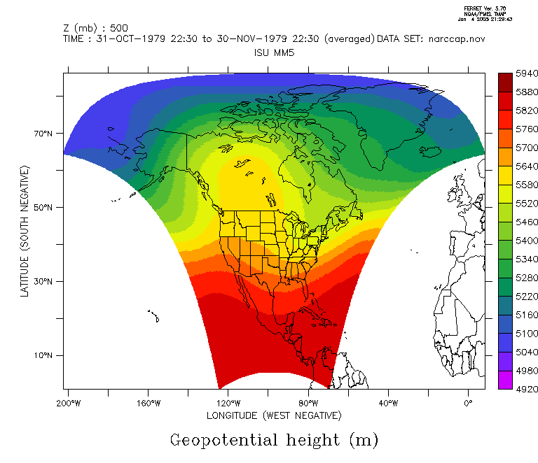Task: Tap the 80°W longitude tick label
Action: tap(308, 404)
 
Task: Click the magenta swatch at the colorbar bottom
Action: tap(504, 380)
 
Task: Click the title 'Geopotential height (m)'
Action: tap(274, 440)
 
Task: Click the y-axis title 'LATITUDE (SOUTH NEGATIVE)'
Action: tap(25, 231)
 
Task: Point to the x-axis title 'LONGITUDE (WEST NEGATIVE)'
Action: tap(274, 416)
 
